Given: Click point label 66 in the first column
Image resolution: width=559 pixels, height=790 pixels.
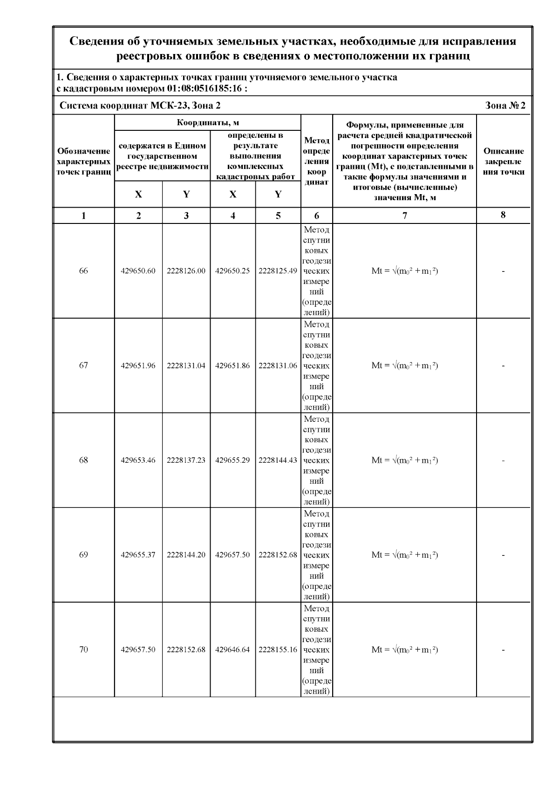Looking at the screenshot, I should [x=83, y=271].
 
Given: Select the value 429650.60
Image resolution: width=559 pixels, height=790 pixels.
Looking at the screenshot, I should [x=138, y=271].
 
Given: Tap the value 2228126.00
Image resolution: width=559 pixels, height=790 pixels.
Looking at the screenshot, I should [x=186, y=271].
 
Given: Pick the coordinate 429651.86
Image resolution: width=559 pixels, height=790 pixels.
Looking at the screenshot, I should [x=232, y=365].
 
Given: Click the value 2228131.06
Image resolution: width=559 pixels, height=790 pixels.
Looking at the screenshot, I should [x=278, y=365].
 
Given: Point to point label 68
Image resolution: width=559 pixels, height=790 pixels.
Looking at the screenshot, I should [x=83, y=460].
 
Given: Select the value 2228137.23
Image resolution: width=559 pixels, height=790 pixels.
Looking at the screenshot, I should [x=186, y=460].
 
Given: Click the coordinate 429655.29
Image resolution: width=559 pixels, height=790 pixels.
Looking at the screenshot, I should [x=232, y=460].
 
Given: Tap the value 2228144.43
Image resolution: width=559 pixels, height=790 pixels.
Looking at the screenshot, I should [x=278, y=460].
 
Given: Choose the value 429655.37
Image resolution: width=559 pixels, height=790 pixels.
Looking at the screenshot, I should [x=138, y=555].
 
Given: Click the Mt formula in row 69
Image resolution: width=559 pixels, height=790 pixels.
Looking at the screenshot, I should [x=404, y=555].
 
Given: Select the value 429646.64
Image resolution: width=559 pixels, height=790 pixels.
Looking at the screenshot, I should [x=232, y=649].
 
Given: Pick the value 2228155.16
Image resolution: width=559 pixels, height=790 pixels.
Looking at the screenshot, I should [x=278, y=649].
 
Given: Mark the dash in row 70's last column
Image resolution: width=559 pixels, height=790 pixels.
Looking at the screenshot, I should [x=503, y=650].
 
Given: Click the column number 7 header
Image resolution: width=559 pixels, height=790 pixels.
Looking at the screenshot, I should [x=404, y=216].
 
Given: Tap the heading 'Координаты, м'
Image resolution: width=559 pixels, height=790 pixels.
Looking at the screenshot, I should [x=208, y=123].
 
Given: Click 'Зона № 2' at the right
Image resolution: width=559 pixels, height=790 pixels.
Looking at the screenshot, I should [x=505, y=106].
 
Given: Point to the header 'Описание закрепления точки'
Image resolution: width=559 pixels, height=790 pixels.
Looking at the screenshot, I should [x=503, y=161].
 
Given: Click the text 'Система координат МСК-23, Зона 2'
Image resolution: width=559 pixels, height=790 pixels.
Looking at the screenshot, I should [x=140, y=106].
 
